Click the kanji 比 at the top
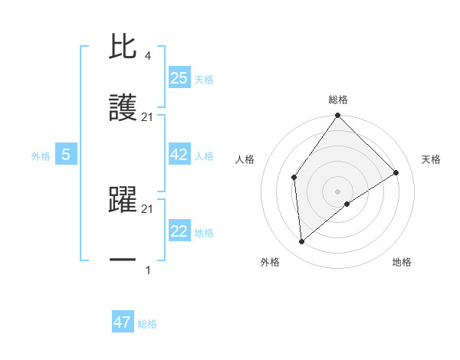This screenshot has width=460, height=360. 123,47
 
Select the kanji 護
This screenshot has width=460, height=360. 123,110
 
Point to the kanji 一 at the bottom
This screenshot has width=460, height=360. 123,260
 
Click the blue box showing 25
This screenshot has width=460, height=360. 179,77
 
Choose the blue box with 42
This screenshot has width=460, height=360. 179,155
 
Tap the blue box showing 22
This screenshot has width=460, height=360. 179,231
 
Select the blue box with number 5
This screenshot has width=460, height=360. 66,155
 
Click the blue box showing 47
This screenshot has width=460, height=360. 122,322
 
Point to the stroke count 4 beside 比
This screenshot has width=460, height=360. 147,55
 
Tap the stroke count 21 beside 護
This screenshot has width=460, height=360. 147,117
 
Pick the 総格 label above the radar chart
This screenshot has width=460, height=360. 338,100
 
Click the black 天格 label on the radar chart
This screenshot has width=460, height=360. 431,159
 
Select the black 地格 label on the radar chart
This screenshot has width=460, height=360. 402,263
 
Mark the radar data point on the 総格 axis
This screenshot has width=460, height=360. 338,116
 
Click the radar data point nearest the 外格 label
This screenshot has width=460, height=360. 301,242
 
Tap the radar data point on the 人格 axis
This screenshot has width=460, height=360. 294,178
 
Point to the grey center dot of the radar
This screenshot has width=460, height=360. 338,191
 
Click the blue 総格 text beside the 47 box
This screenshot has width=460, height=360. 147,324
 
